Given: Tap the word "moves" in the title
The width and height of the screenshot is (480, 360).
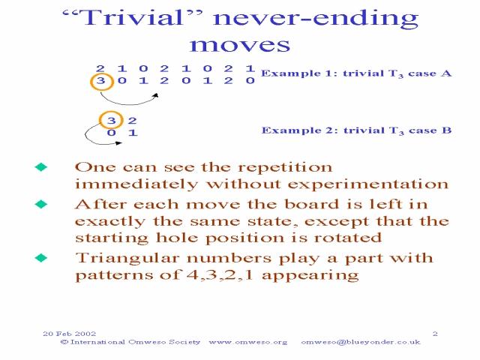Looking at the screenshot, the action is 240,45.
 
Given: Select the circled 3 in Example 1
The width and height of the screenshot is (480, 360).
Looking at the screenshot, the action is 102,81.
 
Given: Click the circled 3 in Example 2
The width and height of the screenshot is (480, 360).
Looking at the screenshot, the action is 111,120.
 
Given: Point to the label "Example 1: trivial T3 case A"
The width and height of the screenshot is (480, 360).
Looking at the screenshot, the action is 356,73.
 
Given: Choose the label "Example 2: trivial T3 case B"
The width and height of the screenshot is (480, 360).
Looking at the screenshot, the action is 356,130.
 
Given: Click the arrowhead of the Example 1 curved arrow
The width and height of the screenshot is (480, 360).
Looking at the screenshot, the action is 156,95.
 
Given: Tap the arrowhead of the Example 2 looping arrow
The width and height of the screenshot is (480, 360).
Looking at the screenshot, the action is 118,142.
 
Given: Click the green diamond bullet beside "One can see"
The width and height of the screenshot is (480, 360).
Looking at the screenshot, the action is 41,166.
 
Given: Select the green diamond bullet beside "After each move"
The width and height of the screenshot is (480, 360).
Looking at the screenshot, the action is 41,204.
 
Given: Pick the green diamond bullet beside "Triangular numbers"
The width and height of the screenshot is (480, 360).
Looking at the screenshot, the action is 41,258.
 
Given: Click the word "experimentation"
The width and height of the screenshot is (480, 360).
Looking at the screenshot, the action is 368,184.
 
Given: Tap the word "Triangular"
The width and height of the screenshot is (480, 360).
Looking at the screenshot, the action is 127,259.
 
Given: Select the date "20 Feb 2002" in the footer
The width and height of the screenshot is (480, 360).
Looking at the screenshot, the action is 70,334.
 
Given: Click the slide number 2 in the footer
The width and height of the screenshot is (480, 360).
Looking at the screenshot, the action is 435,334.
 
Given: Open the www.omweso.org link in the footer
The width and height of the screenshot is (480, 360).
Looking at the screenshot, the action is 248,342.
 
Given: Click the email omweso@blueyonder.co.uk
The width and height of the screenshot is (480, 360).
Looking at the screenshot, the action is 361,342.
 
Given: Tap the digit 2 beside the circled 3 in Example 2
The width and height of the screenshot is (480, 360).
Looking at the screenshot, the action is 132,121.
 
